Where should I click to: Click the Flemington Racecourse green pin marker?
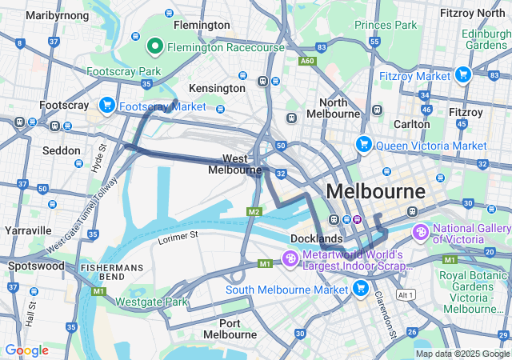coord(155,47)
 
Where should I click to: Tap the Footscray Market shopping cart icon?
coord(106,106)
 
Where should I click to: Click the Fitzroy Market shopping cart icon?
coord(462,75)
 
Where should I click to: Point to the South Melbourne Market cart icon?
coord(361,288)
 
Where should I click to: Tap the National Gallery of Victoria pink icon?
coord(421,232)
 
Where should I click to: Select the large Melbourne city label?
coord(376,192)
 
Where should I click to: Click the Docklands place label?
coord(318,238)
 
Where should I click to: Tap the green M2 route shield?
coord(254,211)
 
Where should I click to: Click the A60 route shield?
coord(307,60)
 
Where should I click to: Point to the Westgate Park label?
coord(151,302)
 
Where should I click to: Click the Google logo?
coord(26,350)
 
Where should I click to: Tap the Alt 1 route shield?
coord(406,294)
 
